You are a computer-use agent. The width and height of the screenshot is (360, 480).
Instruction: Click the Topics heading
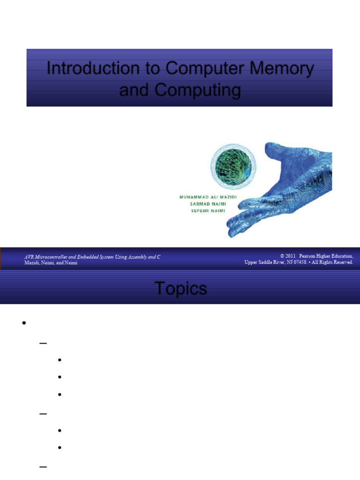click(x=180, y=289)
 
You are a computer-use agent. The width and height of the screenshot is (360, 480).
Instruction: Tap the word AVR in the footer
click(x=29, y=257)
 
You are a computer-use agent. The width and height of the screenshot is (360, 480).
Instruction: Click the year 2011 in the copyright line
click(x=291, y=256)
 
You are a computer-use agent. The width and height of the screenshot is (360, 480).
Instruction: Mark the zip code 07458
click(x=298, y=262)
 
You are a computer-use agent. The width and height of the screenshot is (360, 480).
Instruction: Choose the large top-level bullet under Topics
click(x=22, y=323)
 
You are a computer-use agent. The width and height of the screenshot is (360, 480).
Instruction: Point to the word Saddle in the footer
click(x=269, y=262)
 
